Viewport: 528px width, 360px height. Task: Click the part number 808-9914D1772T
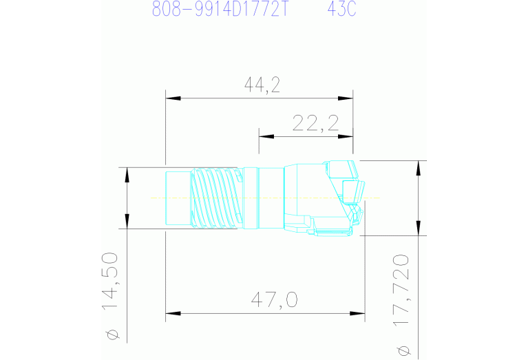(218, 10)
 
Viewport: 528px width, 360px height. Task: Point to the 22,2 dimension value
(315, 123)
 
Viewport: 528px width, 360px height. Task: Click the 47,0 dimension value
(273, 301)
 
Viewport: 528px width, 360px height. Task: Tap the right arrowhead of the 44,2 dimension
(348, 98)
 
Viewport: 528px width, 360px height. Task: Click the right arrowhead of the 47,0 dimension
(360, 315)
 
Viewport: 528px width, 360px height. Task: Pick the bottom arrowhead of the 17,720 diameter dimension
(417, 230)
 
